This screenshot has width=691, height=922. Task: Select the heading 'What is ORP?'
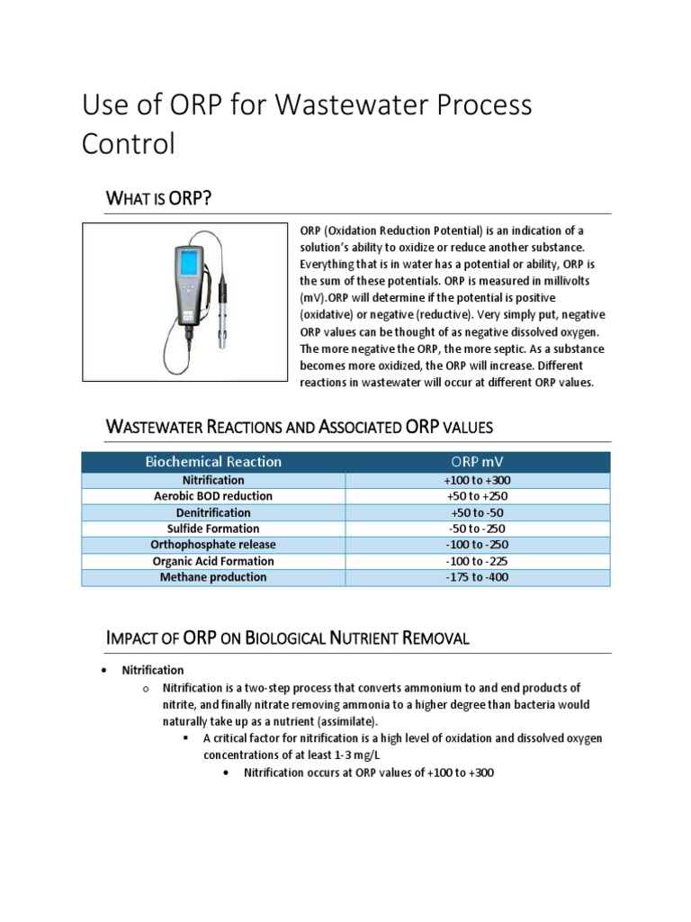[x=158, y=198]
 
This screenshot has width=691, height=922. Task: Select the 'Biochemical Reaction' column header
[x=213, y=462]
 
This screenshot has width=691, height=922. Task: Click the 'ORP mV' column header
[x=478, y=462]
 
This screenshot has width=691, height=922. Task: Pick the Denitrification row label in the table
[x=213, y=512]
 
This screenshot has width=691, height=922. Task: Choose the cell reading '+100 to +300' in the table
[x=478, y=480]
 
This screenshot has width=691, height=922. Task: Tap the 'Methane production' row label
[x=213, y=577]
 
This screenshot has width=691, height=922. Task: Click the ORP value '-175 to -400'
[x=478, y=577]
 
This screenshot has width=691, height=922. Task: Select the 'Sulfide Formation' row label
[x=213, y=529]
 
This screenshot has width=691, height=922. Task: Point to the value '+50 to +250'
[x=478, y=496]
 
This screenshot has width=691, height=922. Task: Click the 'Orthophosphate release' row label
[x=213, y=545]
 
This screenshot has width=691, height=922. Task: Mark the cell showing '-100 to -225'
[x=478, y=561]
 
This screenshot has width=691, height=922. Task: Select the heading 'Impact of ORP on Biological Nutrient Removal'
[x=288, y=638]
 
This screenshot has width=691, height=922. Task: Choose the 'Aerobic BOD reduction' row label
[x=213, y=496]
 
